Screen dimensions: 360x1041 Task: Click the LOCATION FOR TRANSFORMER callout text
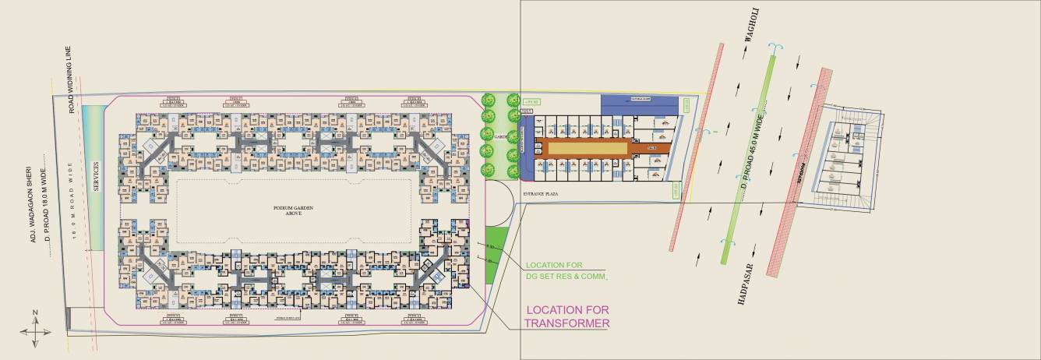566,316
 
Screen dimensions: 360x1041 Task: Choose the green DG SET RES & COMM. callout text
566,270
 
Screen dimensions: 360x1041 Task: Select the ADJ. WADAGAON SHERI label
34,203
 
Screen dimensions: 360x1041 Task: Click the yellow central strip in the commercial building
588,147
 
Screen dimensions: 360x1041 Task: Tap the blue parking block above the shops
640,101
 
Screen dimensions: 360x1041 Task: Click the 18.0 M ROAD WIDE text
76,206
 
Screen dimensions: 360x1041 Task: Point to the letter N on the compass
36,312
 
